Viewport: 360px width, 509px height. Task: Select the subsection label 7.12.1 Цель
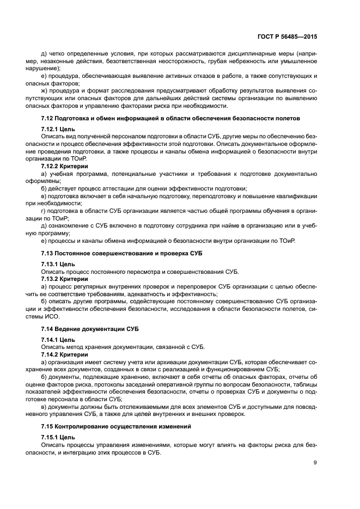click(x=59, y=128)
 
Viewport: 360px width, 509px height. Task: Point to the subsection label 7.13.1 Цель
click(x=59, y=263)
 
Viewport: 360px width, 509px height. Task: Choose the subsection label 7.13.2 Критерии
click(x=65, y=279)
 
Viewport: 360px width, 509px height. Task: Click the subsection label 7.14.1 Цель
click(x=59, y=339)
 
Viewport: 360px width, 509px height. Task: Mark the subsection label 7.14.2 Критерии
click(x=65, y=354)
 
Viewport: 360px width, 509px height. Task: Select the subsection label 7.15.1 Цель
click(x=59, y=437)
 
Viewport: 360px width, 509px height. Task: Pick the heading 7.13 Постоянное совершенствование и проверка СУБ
click(x=116, y=252)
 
